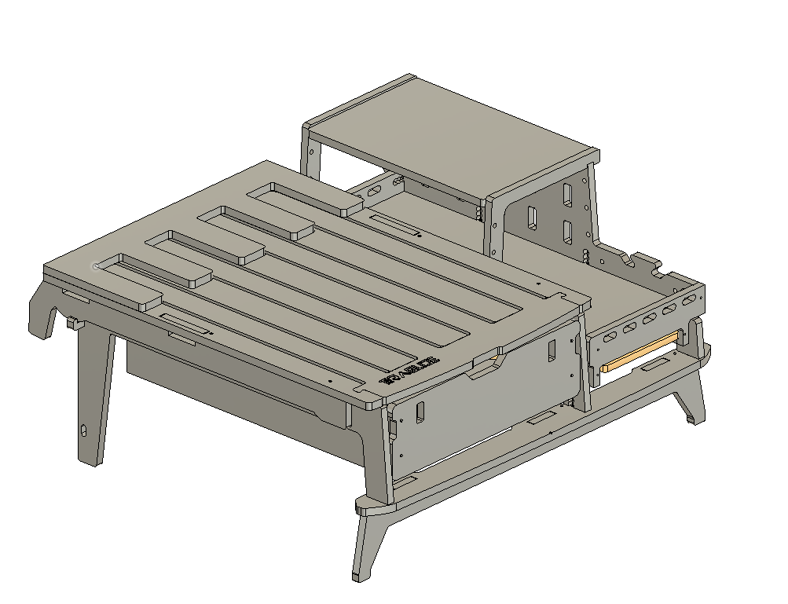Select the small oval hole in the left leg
84,430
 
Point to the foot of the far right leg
690,419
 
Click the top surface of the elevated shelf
448,134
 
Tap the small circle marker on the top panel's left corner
96,266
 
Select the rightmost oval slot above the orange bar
687,301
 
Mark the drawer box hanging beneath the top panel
236,385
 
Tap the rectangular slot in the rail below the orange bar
651,366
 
